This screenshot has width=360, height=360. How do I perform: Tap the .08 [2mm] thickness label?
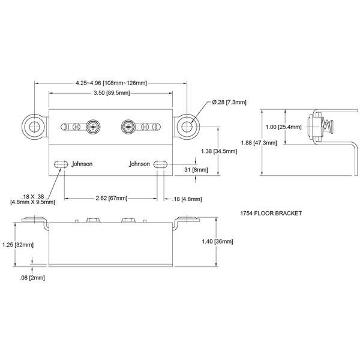[x=32, y=278]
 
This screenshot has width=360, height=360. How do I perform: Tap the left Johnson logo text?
[x=82, y=163]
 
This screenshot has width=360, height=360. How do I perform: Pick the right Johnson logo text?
[x=138, y=163]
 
